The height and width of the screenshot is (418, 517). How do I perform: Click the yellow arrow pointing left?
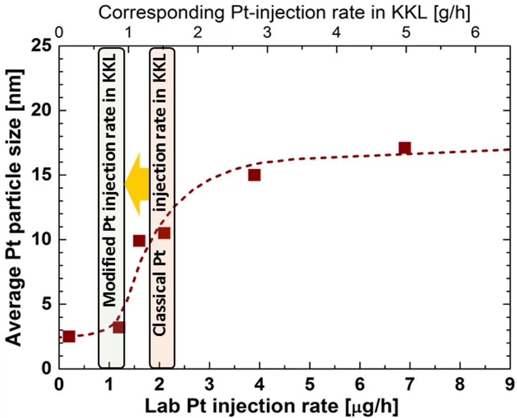click(136, 184)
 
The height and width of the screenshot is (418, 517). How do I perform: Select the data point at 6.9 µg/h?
click(404, 148)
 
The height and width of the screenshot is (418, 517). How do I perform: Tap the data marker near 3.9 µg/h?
click(254, 175)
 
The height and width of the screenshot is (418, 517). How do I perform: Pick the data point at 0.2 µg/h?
click(69, 336)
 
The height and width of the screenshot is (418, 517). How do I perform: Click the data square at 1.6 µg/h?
click(139, 241)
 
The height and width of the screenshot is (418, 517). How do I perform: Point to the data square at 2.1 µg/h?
click(164, 233)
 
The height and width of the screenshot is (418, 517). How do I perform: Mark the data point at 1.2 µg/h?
click(118, 327)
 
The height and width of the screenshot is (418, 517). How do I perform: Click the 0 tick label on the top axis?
click(59, 33)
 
